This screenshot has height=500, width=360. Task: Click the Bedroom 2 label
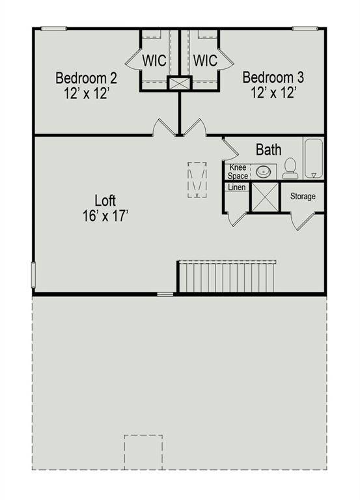pyautogui.click(x=87, y=78)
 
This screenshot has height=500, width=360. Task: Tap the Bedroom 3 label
pyautogui.click(x=273, y=78)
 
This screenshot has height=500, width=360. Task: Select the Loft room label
pyautogui.click(x=106, y=201)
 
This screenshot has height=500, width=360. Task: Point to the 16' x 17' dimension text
pyautogui.click(x=106, y=215)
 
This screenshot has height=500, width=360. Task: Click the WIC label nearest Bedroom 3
pyautogui.click(x=205, y=61)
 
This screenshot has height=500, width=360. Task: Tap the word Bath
pyautogui.click(x=268, y=150)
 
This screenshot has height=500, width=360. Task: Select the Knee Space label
pyautogui.click(x=237, y=172)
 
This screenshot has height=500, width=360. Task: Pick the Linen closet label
pyautogui.click(x=236, y=187)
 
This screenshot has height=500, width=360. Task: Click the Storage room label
pyautogui.click(x=303, y=196)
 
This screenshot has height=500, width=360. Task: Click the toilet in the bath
pyautogui.click(x=290, y=169)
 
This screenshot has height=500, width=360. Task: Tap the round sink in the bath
pyautogui.click(x=264, y=172)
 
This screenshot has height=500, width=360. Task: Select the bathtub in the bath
pyautogui.click(x=314, y=158)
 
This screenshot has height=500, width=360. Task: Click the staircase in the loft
pyautogui.click(x=227, y=277)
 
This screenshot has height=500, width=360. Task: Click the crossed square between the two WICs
pyautogui.click(x=178, y=83)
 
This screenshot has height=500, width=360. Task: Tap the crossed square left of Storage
pyautogui.click(x=264, y=197)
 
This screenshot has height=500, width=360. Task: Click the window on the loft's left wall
pyautogui.click(x=33, y=274)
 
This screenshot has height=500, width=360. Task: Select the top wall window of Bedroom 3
pyautogui.click(x=305, y=28)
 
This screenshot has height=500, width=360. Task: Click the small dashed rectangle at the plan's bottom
pyautogui.click(x=143, y=452)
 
